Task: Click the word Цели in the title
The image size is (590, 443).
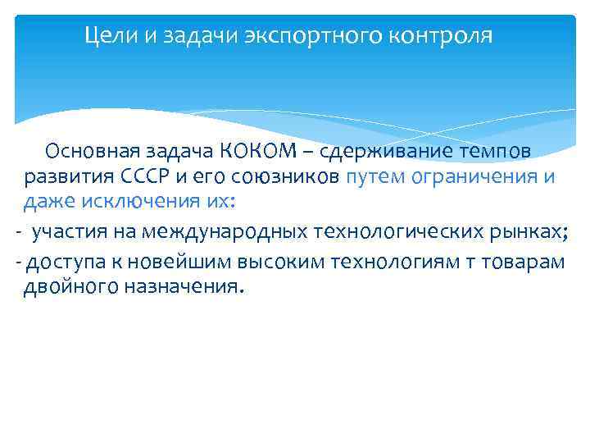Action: coord(107,36)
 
